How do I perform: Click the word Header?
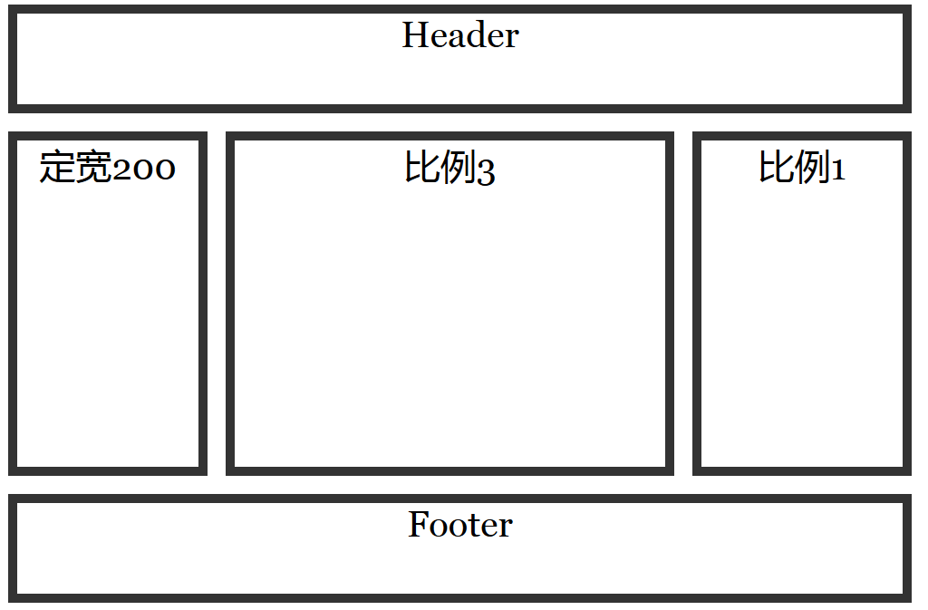(460, 35)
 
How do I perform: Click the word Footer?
(460, 525)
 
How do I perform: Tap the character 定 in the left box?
(56, 168)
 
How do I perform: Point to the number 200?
(143, 169)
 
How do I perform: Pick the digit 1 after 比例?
(838, 169)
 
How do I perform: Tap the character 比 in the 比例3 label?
(421, 168)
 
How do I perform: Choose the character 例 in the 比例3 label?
(458, 168)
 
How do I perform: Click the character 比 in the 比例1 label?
(776, 168)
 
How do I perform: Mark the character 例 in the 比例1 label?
(812, 168)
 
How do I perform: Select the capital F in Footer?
(419, 525)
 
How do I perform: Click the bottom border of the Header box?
(459, 108)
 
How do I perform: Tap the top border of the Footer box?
(459, 499)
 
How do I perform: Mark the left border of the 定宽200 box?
(13, 304)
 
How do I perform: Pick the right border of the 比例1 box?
(906, 304)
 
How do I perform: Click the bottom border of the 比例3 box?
(449, 470)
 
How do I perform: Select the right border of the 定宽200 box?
(202, 304)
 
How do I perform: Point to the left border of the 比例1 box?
(697, 304)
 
